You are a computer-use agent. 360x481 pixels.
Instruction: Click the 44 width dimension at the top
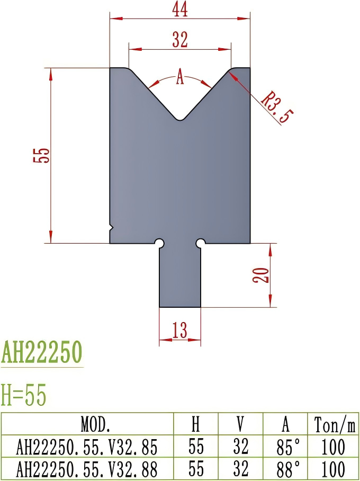point(179,9)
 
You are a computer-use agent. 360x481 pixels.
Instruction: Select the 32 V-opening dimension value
point(179,40)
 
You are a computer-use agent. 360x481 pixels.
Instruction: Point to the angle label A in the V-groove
point(179,79)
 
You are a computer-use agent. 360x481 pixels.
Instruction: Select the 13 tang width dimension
point(180,331)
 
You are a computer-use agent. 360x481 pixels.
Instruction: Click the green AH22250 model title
point(42,352)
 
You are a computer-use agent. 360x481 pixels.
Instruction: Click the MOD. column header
point(95,424)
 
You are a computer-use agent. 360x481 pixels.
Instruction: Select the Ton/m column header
point(335,424)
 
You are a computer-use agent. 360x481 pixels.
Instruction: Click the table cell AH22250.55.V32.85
point(87,447)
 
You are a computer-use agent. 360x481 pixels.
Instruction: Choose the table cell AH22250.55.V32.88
point(87,469)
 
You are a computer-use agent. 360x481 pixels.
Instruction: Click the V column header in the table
point(240,424)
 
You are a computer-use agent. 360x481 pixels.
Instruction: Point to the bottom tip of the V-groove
point(180,119)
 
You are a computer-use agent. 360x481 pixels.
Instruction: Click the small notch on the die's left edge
point(111,228)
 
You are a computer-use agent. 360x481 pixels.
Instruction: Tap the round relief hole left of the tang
point(159,243)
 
